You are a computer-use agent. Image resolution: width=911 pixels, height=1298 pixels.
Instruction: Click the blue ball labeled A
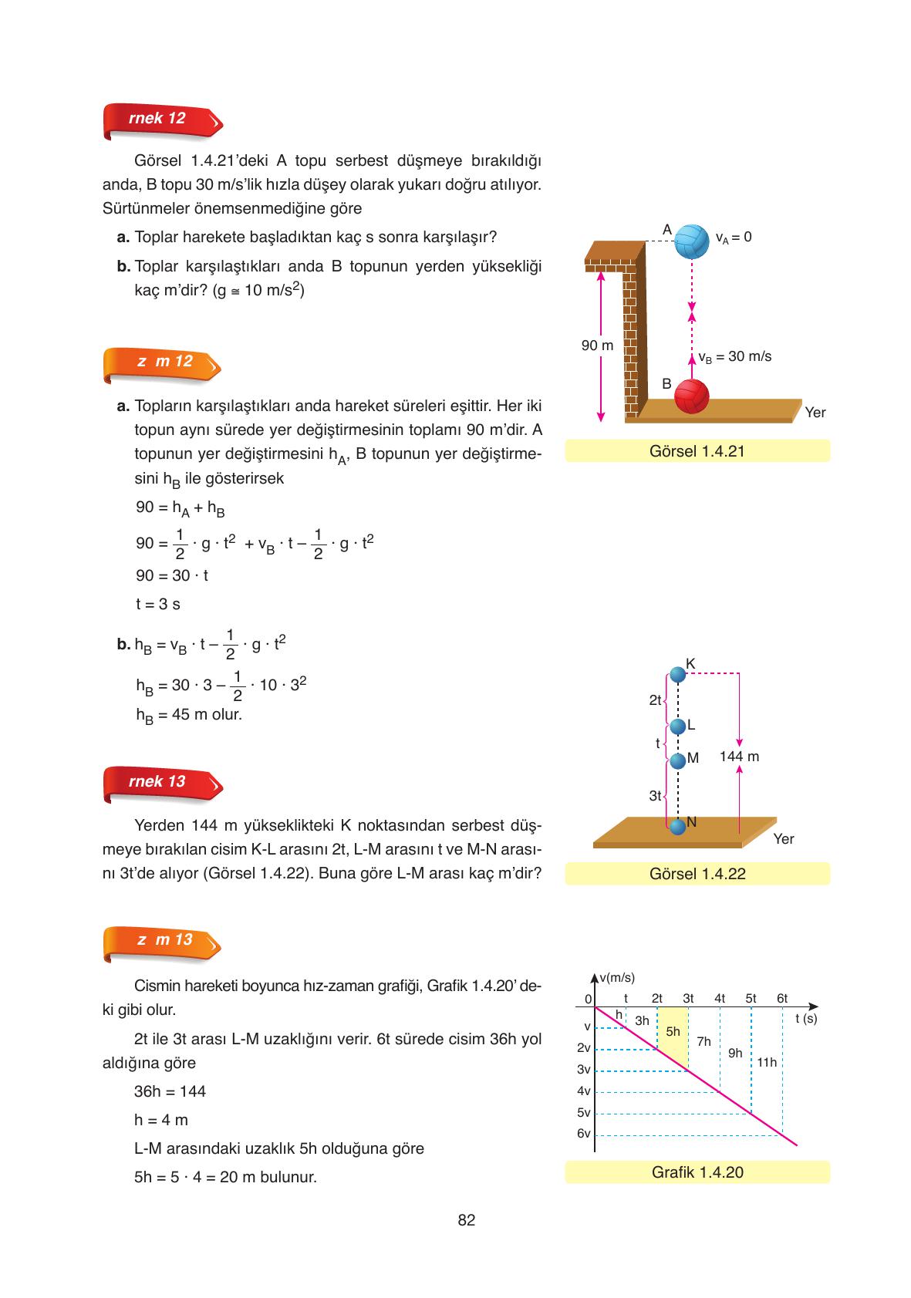click(x=691, y=241)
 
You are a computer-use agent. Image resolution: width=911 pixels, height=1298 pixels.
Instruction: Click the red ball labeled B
click(x=691, y=396)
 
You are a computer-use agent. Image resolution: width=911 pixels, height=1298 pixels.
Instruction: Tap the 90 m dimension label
click(x=597, y=346)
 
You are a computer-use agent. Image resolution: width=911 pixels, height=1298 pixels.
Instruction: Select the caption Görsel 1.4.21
click(x=697, y=451)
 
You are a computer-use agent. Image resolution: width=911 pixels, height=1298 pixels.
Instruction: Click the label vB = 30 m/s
click(x=734, y=356)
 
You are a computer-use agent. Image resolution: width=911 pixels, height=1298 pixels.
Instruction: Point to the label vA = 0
click(x=733, y=237)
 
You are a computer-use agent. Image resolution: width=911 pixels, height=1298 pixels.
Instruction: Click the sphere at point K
click(x=677, y=675)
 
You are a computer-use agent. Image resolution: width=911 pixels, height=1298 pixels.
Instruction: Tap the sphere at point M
click(x=677, y=761)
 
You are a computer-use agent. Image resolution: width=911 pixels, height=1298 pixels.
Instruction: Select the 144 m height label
click(x=739, y=757)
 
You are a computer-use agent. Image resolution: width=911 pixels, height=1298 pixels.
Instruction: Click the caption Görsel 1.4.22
click(x=697, y=874)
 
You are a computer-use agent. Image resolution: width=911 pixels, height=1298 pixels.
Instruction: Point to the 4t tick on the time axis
click(x=720, y=998)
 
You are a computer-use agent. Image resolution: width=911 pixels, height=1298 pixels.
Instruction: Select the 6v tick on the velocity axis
click(x=583, y=1134)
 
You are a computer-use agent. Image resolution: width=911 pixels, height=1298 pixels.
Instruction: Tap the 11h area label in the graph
click(x=766, y=1063)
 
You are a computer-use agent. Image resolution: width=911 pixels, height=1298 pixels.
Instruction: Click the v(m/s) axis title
click(x=617, y=978)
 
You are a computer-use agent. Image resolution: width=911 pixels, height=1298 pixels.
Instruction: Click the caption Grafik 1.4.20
click(x=697, y=1172)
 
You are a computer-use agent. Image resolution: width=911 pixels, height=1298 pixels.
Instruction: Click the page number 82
click(x=466, y=1220)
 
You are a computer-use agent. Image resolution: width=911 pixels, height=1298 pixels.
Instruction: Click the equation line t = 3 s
click(x=158, y=604)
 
